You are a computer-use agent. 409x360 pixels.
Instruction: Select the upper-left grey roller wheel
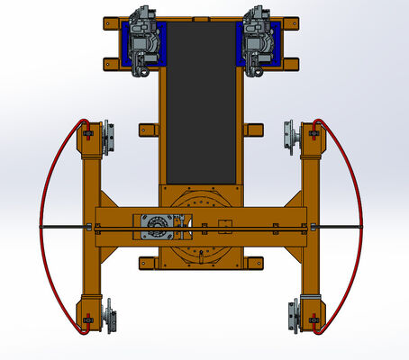108,138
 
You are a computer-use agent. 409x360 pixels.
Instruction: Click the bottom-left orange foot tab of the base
149,263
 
